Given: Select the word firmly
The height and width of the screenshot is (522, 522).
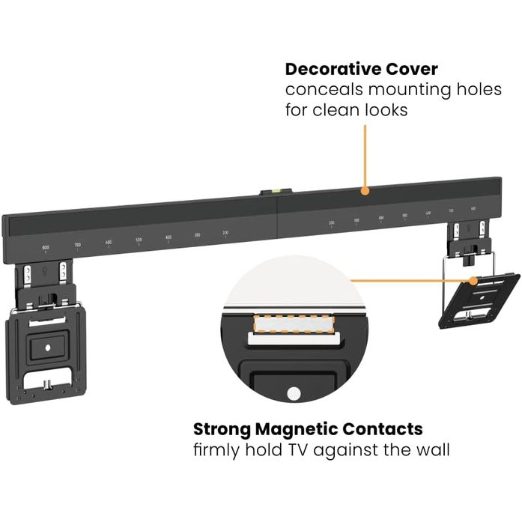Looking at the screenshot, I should point(217,451).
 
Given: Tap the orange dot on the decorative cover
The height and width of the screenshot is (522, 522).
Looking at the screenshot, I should point(365,190).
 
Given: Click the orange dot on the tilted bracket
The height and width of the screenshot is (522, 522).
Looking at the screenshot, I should point(474,281).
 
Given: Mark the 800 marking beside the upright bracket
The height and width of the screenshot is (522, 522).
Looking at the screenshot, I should point(46,246).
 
